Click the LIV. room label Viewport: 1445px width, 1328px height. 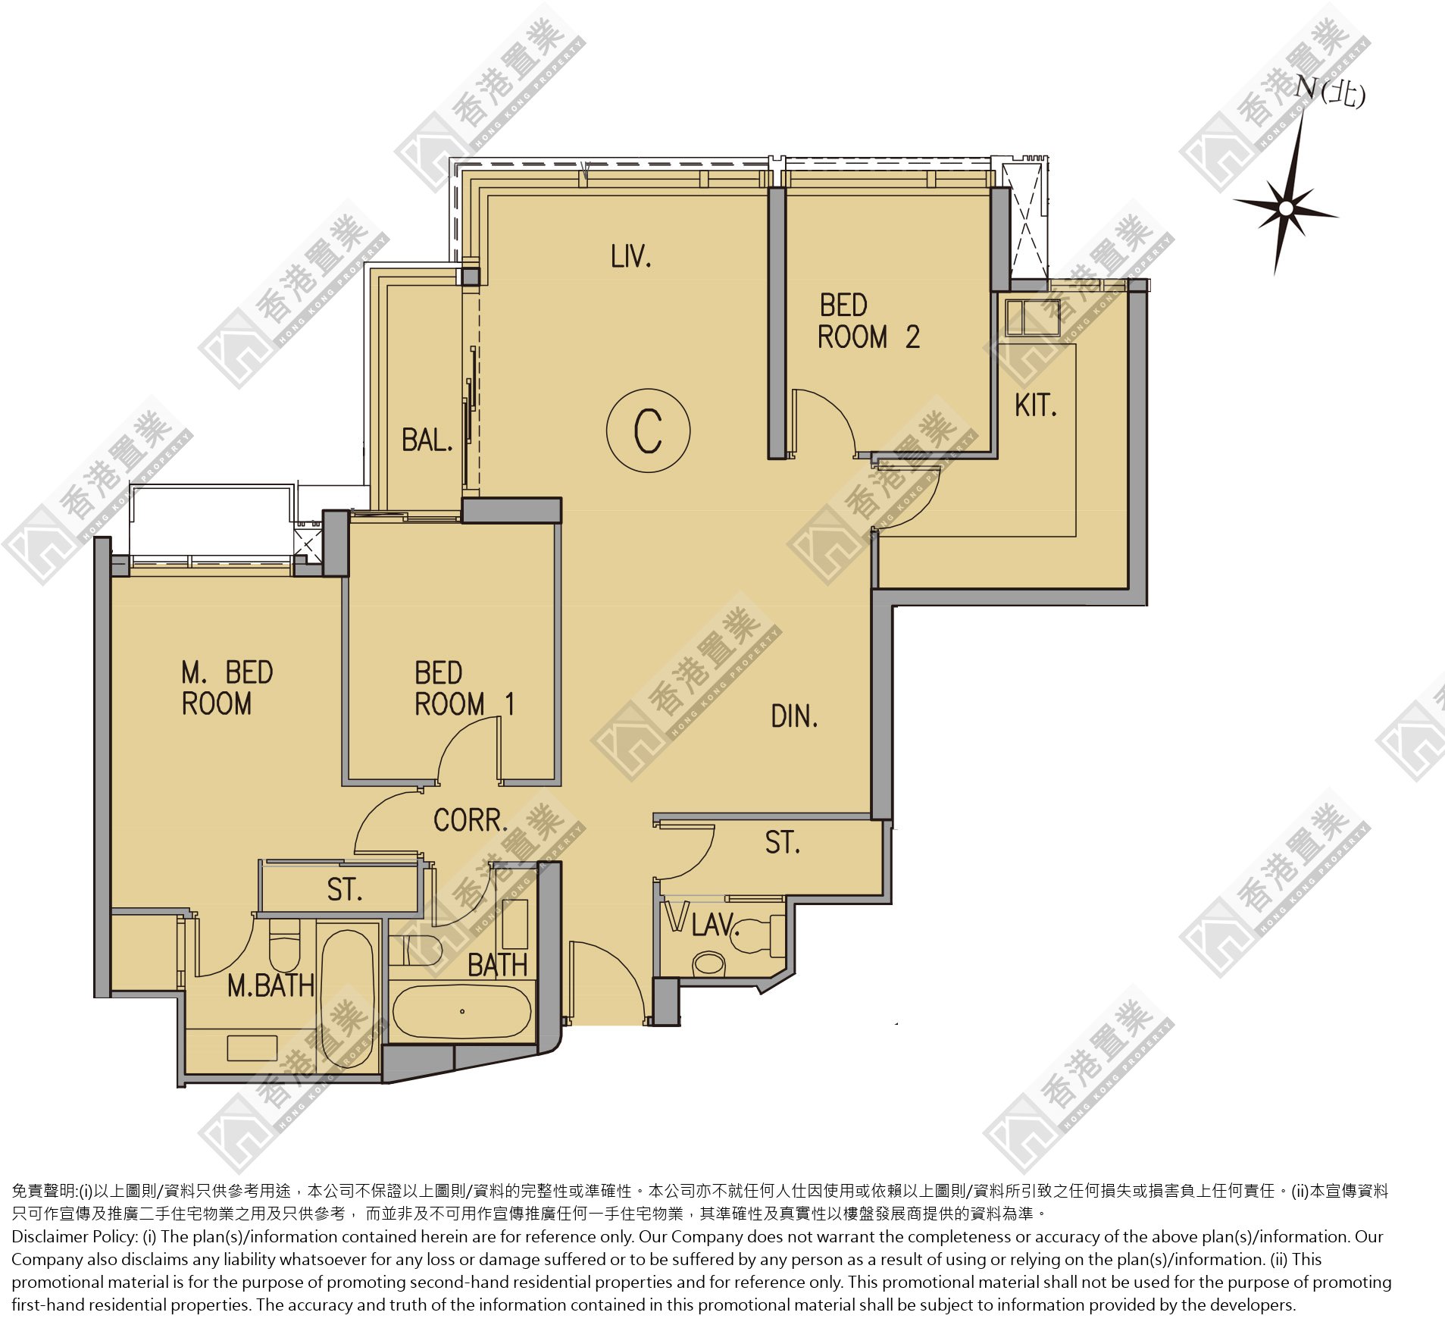631,257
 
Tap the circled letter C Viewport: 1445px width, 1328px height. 649,431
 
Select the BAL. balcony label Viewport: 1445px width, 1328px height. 427,440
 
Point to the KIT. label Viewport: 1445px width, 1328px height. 1036,406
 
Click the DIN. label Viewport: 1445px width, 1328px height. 795,716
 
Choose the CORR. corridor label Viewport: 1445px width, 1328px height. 471,820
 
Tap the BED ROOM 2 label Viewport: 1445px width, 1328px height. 868,321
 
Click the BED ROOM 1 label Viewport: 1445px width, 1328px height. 464,688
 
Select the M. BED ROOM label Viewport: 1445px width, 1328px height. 227,688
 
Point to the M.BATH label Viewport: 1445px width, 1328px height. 271,985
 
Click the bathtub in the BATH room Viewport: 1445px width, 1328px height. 462,1011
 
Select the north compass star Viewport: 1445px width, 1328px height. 1286,207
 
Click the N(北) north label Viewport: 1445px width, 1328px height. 1330,92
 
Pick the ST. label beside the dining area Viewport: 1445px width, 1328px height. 783,842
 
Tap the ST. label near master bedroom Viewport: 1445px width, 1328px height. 345,889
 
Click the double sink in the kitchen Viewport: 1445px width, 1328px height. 1032,317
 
